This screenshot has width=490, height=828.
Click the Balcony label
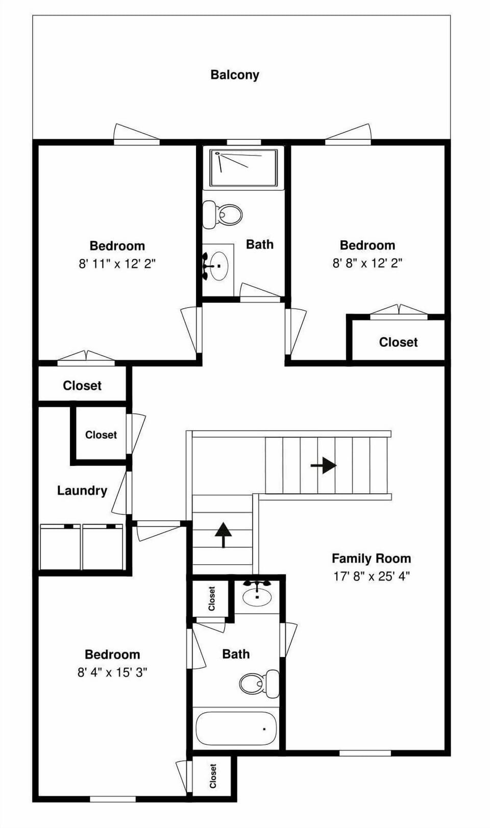pos(235,75)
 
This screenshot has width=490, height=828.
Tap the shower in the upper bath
pos(243,167)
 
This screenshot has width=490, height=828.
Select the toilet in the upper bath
pos(223,214)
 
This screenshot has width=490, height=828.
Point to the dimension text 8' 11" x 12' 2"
pos(117,264)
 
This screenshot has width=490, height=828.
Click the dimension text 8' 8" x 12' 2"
pos(367,263)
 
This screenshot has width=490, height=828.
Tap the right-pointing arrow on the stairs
pos(324,465)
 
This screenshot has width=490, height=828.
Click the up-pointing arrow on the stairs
pos(223,535)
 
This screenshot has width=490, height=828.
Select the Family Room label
pos(371,558)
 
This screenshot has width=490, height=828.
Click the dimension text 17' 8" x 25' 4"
pos(371,576)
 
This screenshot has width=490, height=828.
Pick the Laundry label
pos(82,491)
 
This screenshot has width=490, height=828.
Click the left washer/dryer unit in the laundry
pos(60,547)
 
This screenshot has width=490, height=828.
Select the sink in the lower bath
pos(257,595)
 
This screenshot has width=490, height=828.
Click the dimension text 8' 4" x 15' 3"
pos(112,672)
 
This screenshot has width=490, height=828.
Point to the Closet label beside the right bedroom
pos(398,342)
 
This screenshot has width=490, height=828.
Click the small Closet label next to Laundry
pos(101,435)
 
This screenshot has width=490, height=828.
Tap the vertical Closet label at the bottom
pos(213,776)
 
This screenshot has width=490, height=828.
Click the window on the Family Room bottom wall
pos(365,753)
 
